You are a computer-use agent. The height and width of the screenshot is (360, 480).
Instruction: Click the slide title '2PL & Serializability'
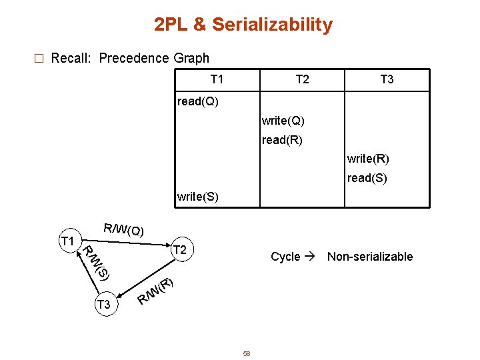(243, 25)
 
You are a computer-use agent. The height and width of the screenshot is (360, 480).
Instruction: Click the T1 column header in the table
(217, 79)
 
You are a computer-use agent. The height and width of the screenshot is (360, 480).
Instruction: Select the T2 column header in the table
(302, 79)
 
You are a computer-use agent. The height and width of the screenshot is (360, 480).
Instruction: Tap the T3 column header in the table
(387, 79)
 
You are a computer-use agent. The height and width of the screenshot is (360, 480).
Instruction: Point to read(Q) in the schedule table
(197, 102)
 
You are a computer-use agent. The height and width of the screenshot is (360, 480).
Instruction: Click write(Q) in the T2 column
(283, 121)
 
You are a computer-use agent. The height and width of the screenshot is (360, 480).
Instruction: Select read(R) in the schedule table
(282, 140)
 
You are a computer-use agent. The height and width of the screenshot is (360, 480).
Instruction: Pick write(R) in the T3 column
(368, 159)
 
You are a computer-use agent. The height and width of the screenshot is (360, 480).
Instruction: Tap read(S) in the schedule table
(367, 178)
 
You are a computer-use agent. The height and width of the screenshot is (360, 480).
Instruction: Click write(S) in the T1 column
(197, 197)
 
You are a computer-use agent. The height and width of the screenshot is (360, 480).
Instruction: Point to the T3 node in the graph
(103, 305)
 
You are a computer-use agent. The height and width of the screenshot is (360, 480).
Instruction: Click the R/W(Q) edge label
(123, 230)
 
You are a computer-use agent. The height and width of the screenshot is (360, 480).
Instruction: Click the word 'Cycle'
(285, 257)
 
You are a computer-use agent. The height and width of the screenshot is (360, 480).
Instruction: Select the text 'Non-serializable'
(370, 257)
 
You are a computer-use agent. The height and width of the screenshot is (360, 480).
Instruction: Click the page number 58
(246, 353)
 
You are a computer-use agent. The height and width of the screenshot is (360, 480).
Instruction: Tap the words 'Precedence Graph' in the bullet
(154, 58)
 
